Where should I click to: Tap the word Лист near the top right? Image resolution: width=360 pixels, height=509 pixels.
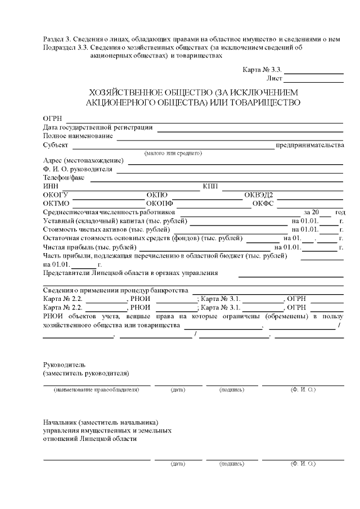click(x=274, y=79)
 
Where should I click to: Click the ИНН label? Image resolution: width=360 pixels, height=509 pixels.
click(x=50, y=186)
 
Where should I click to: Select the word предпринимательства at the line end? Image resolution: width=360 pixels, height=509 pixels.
click(x=309, y=145)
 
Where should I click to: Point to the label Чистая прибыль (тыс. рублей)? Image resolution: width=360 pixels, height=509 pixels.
click(x=89, y=247)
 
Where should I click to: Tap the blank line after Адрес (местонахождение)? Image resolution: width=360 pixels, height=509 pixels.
click(x=236, y=164)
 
